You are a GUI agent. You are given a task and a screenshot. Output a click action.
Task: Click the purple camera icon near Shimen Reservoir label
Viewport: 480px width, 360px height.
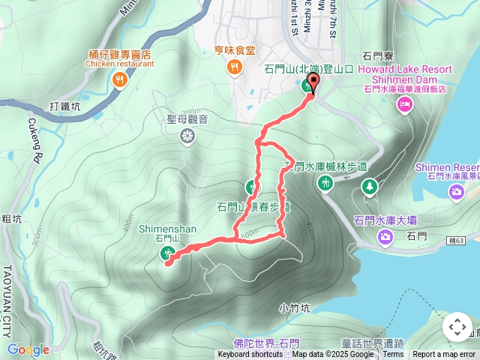pyautogui.click(x=456, y=193)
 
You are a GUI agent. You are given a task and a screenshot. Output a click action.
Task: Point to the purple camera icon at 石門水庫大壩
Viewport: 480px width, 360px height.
pyautogui.click(x=385, y=238)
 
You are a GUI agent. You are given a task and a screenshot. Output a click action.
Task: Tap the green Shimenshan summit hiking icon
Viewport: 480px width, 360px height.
pyautogui.click(x=168, y=253)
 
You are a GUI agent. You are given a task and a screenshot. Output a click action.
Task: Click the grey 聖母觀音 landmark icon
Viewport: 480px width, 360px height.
pyautogui.click(x=187, y=136)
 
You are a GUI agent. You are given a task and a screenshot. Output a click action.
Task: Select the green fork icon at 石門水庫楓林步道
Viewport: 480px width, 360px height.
pyautogui.click(x=325, y=182)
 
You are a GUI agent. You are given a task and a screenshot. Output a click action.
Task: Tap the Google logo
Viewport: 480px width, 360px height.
pyautogui.click(x=28, y=349)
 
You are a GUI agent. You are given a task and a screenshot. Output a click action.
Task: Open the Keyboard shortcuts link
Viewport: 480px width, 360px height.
pyautogui.click(x=250, y=355)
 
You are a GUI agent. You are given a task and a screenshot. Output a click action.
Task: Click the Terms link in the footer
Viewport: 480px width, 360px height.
pyautogui.click(x=393, y=355)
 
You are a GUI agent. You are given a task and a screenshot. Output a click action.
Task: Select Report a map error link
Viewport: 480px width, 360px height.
pyautogui.click(x=443, y=355)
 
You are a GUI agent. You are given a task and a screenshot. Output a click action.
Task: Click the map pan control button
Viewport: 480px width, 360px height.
pyautogui.click(x=457, y=327)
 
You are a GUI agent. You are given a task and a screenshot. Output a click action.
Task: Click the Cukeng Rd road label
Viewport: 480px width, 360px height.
pyautogui.click(x=34, y=139)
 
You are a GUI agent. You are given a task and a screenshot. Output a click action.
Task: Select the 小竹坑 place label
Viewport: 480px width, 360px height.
pyautogui.click(x=292, y=307)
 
